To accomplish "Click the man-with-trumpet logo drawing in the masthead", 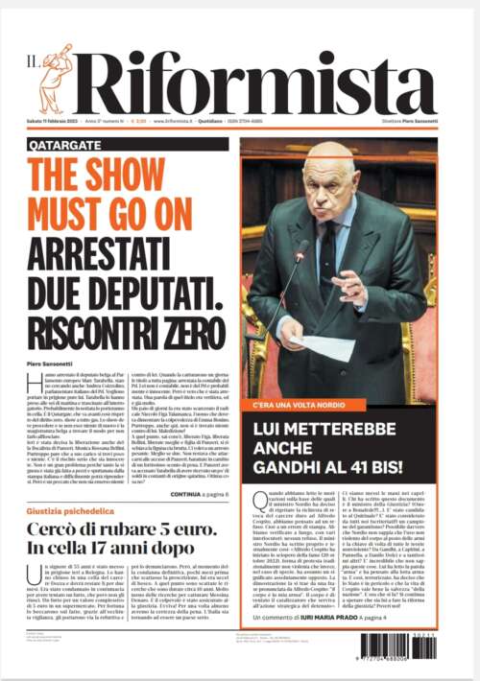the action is point(55,78).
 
